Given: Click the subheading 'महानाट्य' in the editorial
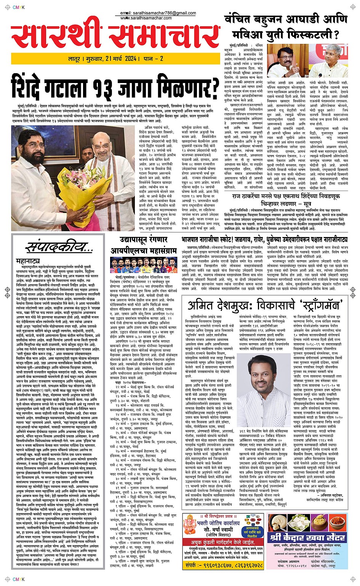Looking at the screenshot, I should (x=28, y=261).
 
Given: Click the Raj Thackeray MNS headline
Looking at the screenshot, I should (x=286, y=200).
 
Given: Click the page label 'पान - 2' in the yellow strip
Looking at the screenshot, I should (x=154, y=59).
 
